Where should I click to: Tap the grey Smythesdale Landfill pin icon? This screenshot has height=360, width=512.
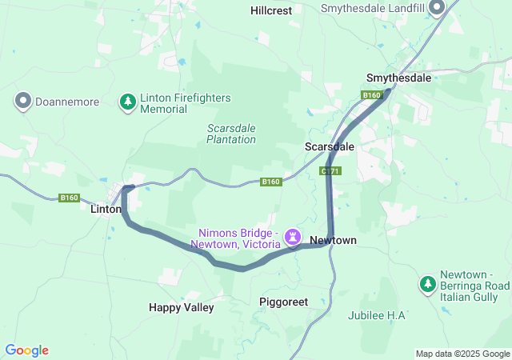(437, 8)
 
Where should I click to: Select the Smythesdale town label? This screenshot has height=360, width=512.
(398, 78)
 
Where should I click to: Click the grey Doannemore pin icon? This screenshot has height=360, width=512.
(23, 102)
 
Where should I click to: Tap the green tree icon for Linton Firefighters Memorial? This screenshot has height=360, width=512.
(127, 102)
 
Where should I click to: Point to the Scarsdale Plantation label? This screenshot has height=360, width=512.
(231, 134)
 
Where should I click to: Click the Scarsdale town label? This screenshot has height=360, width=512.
(329, 147)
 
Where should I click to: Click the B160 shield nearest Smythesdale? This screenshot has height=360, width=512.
(371, 96)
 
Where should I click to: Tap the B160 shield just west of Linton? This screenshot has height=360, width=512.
(70, 198)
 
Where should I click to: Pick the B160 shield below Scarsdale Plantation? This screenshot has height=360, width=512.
(271, 182)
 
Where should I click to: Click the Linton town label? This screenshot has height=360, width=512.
(105, 208)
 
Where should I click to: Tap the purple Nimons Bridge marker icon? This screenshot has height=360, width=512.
(293, 237)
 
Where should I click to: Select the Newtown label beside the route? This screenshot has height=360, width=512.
(333, 240)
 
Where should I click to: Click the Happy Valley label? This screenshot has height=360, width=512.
(182, 307)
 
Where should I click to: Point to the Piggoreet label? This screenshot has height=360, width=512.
(284, 302)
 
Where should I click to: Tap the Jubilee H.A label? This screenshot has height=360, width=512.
(377, 315)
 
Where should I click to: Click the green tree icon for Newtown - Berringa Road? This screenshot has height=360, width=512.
(428, 284)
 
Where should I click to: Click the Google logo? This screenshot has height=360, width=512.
(26, 350)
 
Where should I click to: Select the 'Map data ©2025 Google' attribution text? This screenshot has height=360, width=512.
(462, 354)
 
